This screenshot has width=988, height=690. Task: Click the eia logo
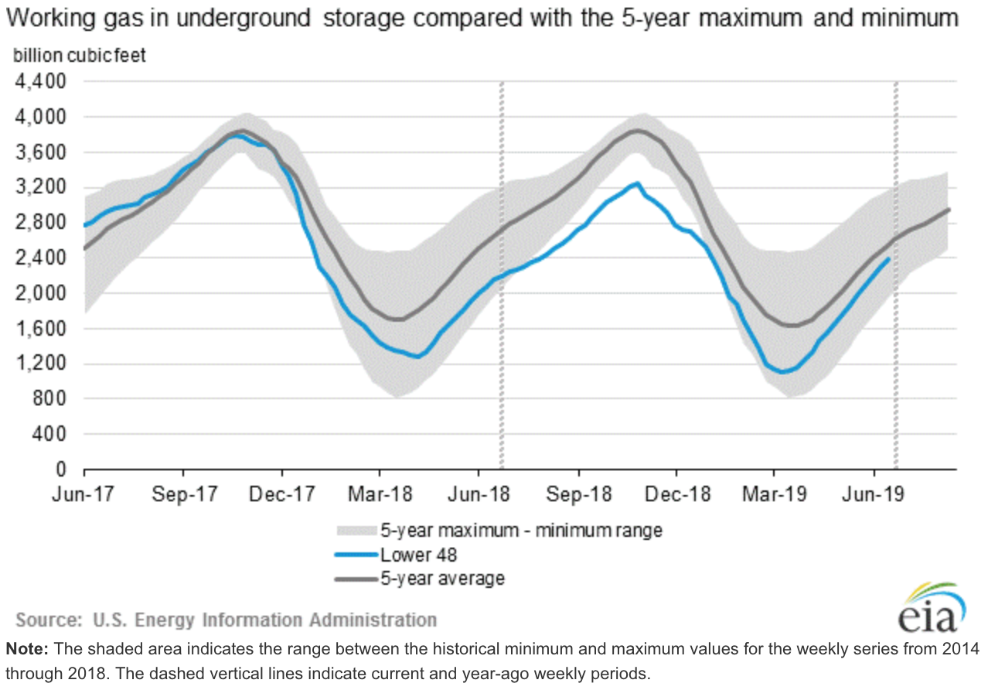coord(930,607)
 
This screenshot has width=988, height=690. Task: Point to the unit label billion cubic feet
coord(80,56)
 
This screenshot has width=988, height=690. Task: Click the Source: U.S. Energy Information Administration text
coord(226,620)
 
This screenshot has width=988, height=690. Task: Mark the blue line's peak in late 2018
coord(637,183)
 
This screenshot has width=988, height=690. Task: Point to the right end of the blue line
coord(887,259)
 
